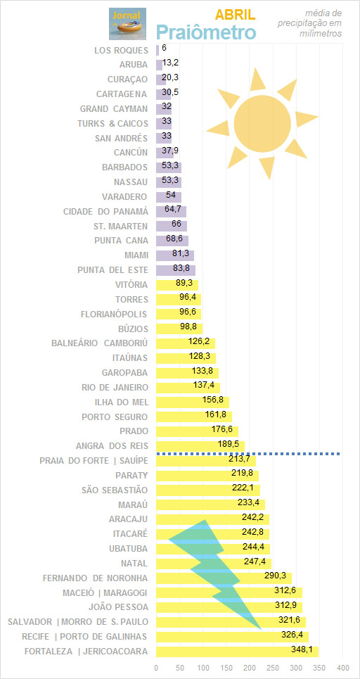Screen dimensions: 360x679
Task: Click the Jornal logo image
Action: pos(127,24)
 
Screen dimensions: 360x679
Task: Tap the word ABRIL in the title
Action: pos(236,15)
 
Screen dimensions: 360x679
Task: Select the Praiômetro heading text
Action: pos(206,32)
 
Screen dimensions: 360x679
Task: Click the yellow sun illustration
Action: pos(262,123)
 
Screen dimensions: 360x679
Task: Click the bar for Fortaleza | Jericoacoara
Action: pos(237,652)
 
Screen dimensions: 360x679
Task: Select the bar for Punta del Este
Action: pos(176,270)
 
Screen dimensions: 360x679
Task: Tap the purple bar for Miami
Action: pos(175,255)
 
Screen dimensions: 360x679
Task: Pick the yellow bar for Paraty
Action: pos(207,476)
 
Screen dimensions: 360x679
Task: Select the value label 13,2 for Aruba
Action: pos(170,63)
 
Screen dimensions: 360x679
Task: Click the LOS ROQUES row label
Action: pos(121,50)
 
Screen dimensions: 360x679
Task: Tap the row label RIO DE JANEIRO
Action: pos(115,387)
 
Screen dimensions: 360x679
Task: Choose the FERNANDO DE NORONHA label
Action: pos(95,578)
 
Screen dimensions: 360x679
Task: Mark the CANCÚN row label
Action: pos(131,153)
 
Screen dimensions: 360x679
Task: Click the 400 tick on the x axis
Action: pos(342,667)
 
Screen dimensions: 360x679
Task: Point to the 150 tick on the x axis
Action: pos(226,667)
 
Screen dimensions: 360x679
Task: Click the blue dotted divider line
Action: pos(248,453)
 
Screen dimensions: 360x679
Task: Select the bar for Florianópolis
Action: pos(179,314)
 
